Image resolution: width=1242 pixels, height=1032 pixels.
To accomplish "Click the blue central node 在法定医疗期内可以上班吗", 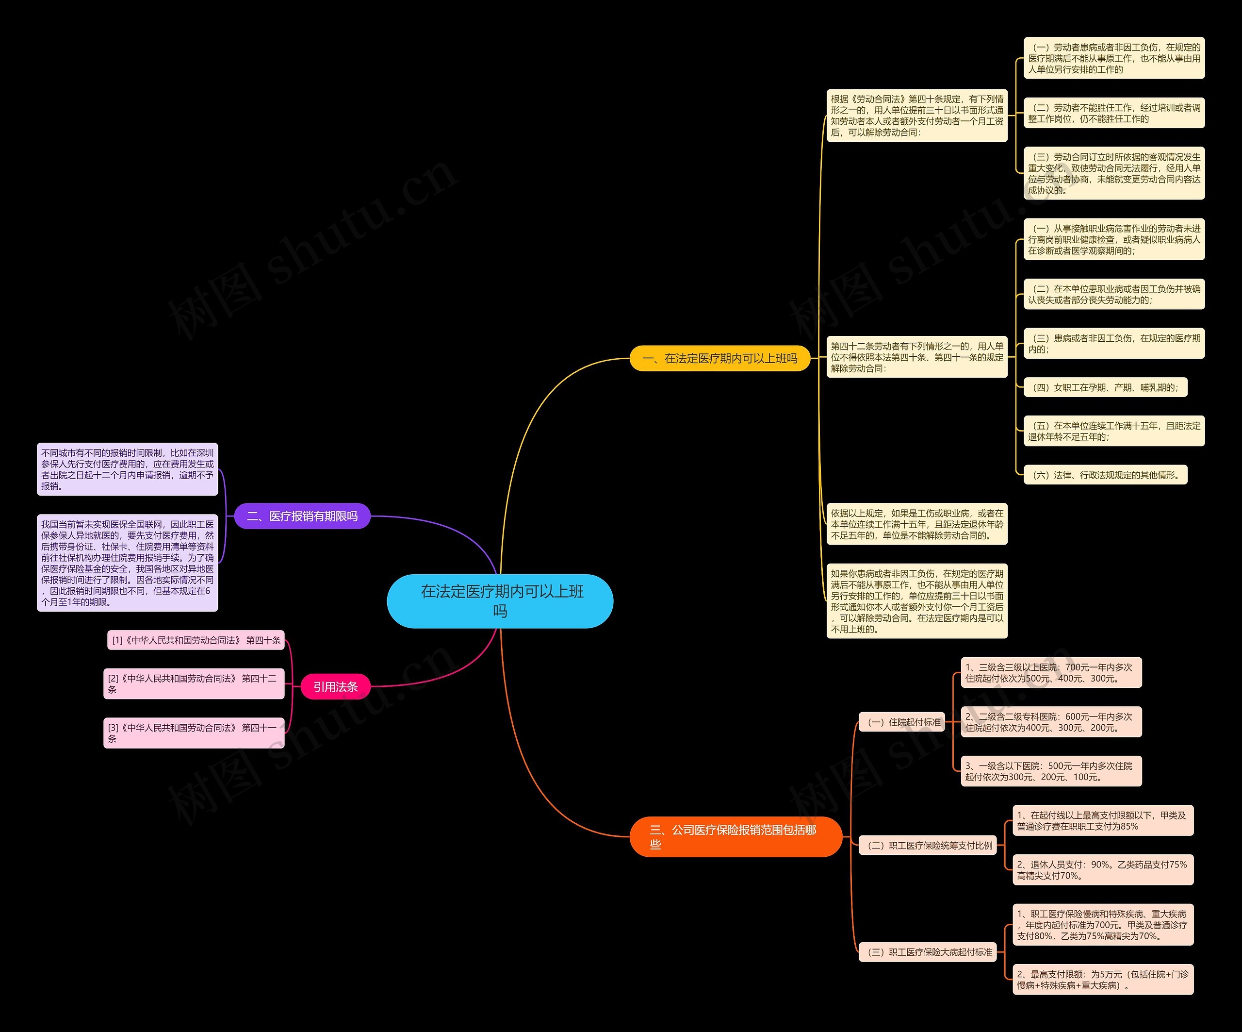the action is pyautogui.click(x=500, y=600).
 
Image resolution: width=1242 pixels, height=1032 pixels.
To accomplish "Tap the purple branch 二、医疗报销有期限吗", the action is pyautogui.click(x=302, y=516).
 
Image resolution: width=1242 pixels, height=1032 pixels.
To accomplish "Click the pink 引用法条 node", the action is pyautogui.click(x=335, y=686).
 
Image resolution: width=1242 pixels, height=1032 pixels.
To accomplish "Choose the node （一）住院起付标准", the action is pyautogui.click(x=902, y=722).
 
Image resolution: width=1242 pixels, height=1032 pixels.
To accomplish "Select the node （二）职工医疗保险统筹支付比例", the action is pyautogui.click(x=928, y=845).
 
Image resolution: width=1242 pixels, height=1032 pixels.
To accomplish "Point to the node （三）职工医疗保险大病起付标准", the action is pyautogui.click(x=928, y=951).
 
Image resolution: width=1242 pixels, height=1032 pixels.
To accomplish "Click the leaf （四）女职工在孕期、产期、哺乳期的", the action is pyautogui.click(x=1105, y=387).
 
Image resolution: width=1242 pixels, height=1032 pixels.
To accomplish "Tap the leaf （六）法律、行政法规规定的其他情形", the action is pyautogui.click(x=1105, y=475).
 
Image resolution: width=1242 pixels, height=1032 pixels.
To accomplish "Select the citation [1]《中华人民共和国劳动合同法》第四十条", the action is pyautogui.click(x=196, y=640).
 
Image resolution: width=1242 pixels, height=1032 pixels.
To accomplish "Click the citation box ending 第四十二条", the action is pyautogui.click(x=194, y=683).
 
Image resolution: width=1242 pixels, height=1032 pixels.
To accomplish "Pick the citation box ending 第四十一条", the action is pyautogui.click(x=194, y=732).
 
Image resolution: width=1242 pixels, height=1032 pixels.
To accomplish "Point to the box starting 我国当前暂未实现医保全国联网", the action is pyautogui.click(x=127, y=563).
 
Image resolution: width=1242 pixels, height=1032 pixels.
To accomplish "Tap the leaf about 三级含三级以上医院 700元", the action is pyautogui.click(x=1051, y=673).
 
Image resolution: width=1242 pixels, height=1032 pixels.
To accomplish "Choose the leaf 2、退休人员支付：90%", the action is pyautogui.click(x=1102, y=870).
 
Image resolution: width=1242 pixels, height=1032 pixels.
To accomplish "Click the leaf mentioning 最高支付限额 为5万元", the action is pyautogui.click(x=1102, y=980).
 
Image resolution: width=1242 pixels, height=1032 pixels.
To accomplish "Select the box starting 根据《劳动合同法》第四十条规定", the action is pyautogui.click(x=917, y=116).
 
